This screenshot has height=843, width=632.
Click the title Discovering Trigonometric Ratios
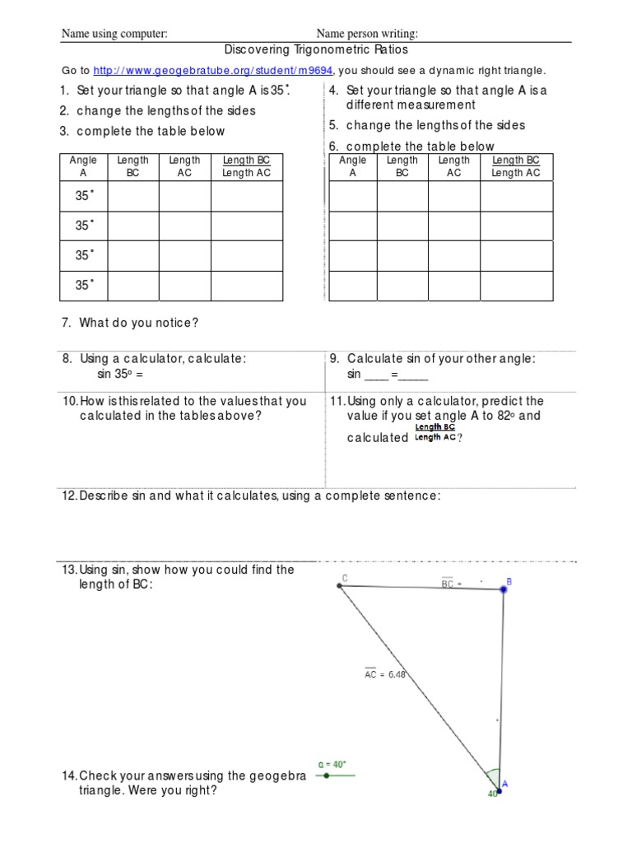click(x=316, y=50)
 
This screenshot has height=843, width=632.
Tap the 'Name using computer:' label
click(x=115, y=33)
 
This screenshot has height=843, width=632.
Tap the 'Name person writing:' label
click(x=367, y=33)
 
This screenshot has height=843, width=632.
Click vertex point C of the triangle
click(x=339, y=585)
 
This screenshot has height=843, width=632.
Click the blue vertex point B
click(x=504, y=589)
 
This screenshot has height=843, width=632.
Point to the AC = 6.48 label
click(x=385, y=674)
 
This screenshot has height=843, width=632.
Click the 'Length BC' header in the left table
click(x=133, y=166)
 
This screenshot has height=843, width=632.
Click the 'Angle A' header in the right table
click(x=353, y=166)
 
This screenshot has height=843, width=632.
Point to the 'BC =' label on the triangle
click(x=453, y=584)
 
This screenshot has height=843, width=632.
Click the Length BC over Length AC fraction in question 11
click(x=434, y=432)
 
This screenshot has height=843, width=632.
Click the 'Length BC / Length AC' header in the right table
click(x=516, y=166)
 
